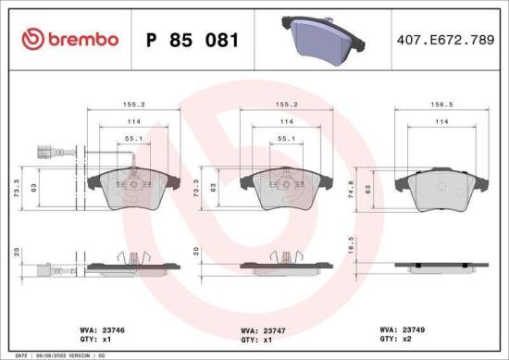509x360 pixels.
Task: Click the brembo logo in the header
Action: pos(70,39)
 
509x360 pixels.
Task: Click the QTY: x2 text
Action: pos(397,339)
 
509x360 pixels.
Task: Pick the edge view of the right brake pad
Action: pos(433,267)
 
